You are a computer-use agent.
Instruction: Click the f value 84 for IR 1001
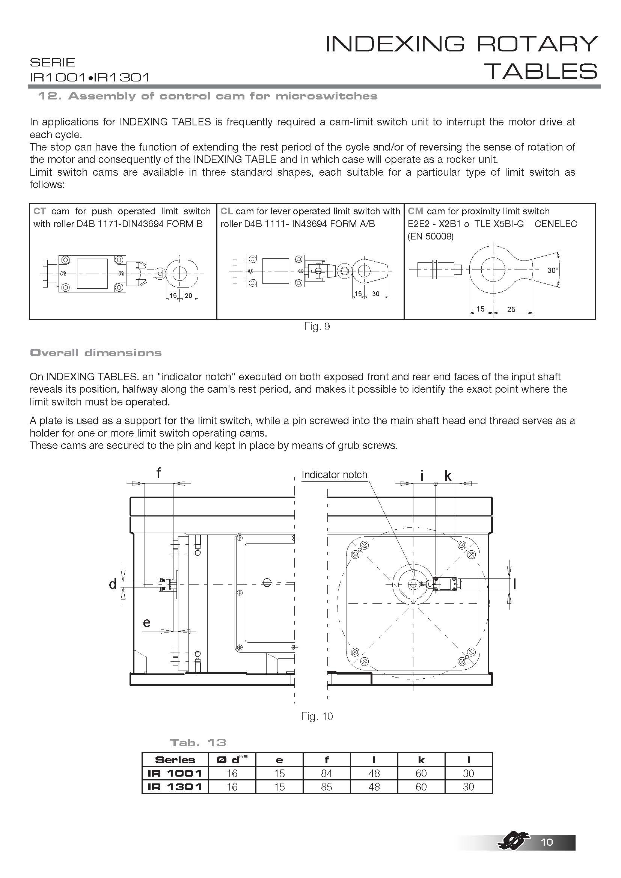coord(327,773)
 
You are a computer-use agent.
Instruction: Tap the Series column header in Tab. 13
coord(175,759)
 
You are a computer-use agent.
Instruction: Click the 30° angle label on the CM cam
coord(553,270)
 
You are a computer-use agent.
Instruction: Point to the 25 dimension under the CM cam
coord(511,309)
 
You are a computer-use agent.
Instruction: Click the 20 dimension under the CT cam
coord(188,295)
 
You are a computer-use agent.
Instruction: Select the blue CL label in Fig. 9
coord(227,211)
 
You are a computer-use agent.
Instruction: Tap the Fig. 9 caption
coord(317,326)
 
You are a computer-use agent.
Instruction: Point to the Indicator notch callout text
coord(334,474)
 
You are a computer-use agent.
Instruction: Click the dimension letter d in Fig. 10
coord(113,584)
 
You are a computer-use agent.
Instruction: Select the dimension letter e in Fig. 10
coord(146,622)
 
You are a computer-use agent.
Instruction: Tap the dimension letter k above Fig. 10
coord(448,476)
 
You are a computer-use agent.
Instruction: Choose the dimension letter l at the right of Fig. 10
coord(515,584)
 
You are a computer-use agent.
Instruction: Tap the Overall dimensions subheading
coord(96,352)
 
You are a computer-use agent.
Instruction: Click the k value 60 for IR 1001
coord(421,773)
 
